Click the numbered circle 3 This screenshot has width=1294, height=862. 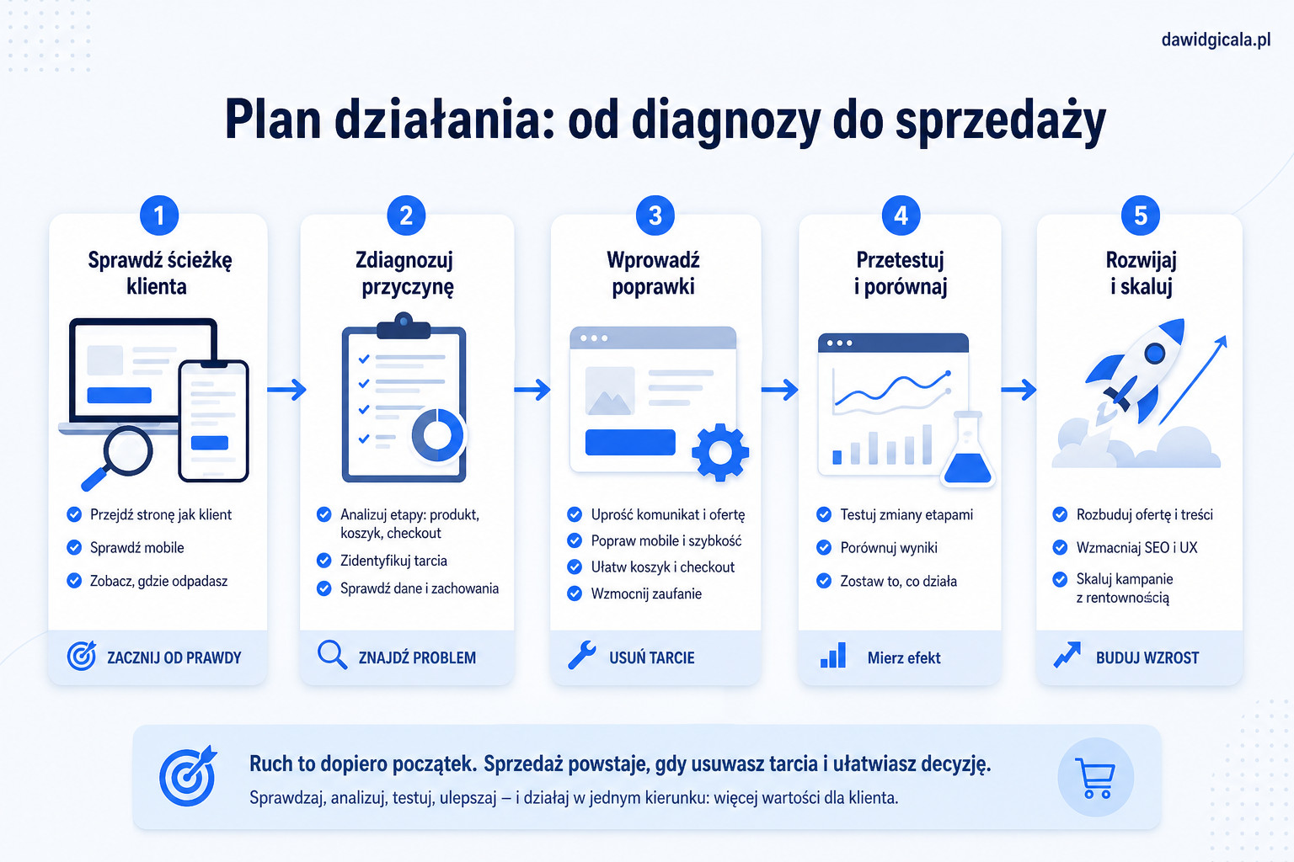tap(655, 216)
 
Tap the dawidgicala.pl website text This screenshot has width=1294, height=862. tap(1216, 40)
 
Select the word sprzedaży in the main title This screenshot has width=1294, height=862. tap(1000, 121)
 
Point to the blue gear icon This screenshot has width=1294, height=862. tap(719, 453)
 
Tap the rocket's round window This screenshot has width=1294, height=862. tap(1154, 353)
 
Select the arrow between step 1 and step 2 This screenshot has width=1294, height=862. tap(286, 390)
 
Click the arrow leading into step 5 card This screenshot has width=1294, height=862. tap(1019, 390)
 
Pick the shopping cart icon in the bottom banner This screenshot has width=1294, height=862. tap(1095, 779)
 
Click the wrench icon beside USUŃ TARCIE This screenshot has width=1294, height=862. tap(581, 655)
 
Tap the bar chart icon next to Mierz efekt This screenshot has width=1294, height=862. tap(833, 655)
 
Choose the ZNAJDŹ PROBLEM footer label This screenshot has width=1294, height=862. tap(417, 657)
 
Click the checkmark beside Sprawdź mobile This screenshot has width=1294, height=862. tap(74, 547)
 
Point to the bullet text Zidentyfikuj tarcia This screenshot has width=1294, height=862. tap(393, 561)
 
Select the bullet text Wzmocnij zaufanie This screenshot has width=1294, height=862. tap(646, 593)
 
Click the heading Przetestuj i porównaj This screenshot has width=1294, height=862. tap(900, 273)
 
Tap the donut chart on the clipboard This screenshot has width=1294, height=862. tap(437, 434)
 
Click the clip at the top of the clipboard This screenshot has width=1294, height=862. tap(404, 327)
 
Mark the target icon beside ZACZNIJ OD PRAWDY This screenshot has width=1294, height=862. tap(82, 655)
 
